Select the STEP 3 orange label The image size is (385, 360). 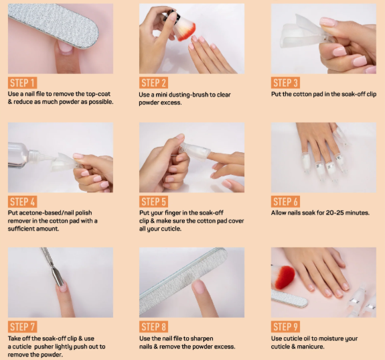[287, 83]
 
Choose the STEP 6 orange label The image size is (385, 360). [287, 202]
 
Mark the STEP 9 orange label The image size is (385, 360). [287, 326]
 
